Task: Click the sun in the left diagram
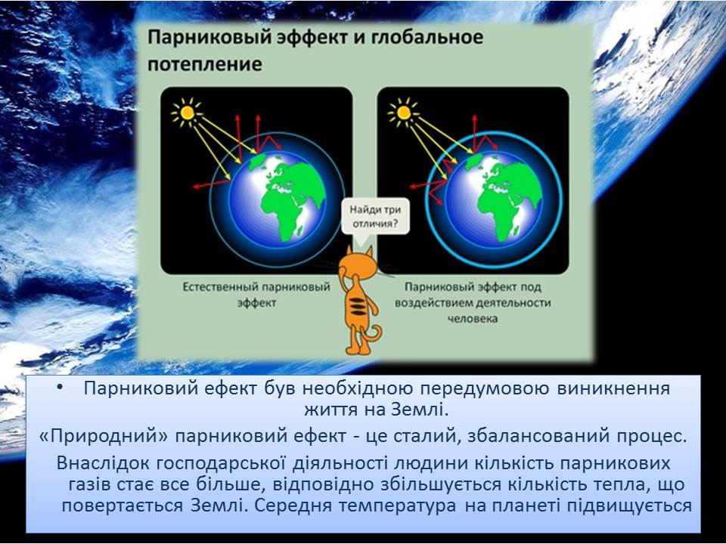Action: tap(187, 113)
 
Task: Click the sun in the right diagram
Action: tap(403, 113)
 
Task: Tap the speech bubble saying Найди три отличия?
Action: tap(375, 217)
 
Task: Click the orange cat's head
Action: tap(357, 264)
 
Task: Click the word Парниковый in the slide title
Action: tap(210, 37)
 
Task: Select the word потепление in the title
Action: tap(205, 63)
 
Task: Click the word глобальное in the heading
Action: tap(427, 37)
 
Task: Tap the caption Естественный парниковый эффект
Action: tap(256, 295)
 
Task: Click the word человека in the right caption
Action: tap(472, 318)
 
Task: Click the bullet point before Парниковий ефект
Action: tap(59, 387)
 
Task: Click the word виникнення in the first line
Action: tap(613, 388)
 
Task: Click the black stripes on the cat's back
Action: tap(356, 306)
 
